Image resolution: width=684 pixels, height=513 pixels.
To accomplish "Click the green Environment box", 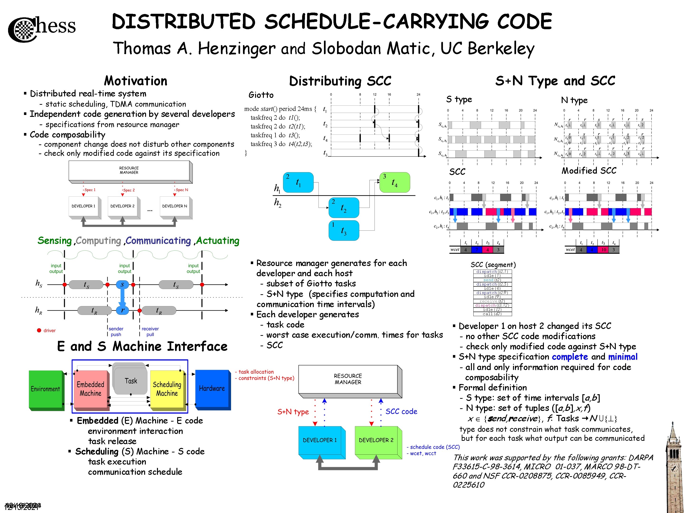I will (45, 389).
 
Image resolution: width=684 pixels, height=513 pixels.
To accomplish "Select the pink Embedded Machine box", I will (90, 389).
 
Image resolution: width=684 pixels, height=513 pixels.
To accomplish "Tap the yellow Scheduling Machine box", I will (167, 389).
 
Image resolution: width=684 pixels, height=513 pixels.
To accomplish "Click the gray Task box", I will (131, 381).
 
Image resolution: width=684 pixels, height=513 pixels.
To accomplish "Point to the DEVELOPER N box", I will (175, 206).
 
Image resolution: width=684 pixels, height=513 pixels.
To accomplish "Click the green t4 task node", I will (394, 182).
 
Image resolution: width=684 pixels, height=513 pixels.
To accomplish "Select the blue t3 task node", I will (344, 230).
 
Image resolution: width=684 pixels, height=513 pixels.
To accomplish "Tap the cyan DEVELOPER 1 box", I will (320, 440).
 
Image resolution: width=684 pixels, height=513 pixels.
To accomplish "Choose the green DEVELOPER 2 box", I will (376, 440).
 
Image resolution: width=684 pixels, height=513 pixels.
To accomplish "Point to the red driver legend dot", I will (39, 330).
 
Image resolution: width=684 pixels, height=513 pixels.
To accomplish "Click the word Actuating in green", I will (218, 241).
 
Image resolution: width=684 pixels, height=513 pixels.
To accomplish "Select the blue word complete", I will (570, 356).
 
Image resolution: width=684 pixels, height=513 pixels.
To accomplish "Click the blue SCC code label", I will (401, 411).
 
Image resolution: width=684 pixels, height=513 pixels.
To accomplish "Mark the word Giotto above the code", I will (261, 95).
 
